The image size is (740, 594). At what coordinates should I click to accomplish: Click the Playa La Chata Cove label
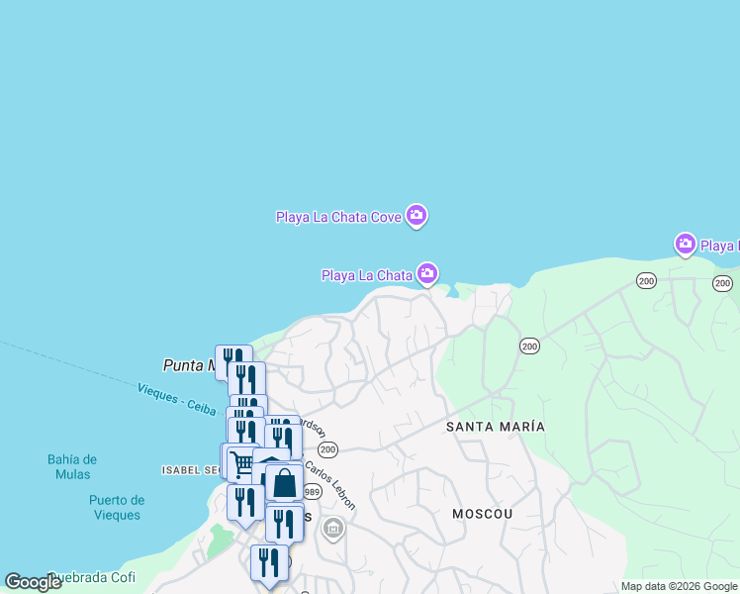[x=337, y=216]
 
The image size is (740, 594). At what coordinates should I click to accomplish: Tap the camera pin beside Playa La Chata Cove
[x=416, y=215]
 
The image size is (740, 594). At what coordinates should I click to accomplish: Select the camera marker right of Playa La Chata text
[x=427, y=273]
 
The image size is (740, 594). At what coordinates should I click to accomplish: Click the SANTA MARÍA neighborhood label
[x=495, y=426]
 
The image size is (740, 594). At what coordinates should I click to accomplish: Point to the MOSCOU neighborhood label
[x=483, y=514]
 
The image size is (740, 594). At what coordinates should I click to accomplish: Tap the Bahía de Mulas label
[x=72, y=466]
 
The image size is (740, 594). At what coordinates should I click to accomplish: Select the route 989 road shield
[x=312, y=492]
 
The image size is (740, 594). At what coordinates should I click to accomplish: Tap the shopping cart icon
[x=240, y=462]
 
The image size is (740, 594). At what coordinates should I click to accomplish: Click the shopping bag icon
[x=285, y=483]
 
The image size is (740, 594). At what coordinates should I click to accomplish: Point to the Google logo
[x=34, y=582]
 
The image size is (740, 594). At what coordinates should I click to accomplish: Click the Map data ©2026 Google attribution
[x=679, y=586]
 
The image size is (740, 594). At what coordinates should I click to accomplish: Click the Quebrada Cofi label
[x=94, y=577]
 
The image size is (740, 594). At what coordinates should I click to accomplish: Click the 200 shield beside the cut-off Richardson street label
[x=328, y=449]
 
